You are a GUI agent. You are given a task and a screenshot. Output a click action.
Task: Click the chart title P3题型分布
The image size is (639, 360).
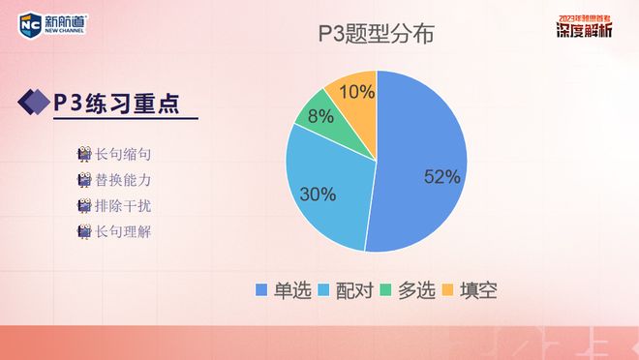pos(376,36)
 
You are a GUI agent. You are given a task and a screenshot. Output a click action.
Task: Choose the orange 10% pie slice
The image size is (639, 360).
pos(354,93)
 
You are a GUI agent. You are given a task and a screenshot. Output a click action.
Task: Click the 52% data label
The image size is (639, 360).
pos(441,176)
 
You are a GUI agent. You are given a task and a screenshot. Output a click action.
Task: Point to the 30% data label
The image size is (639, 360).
pos(318,195)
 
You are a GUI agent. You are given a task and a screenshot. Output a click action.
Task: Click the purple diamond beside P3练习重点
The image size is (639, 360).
pos(35,103)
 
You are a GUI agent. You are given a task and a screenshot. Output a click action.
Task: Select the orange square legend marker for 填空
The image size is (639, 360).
pos(447,290)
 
